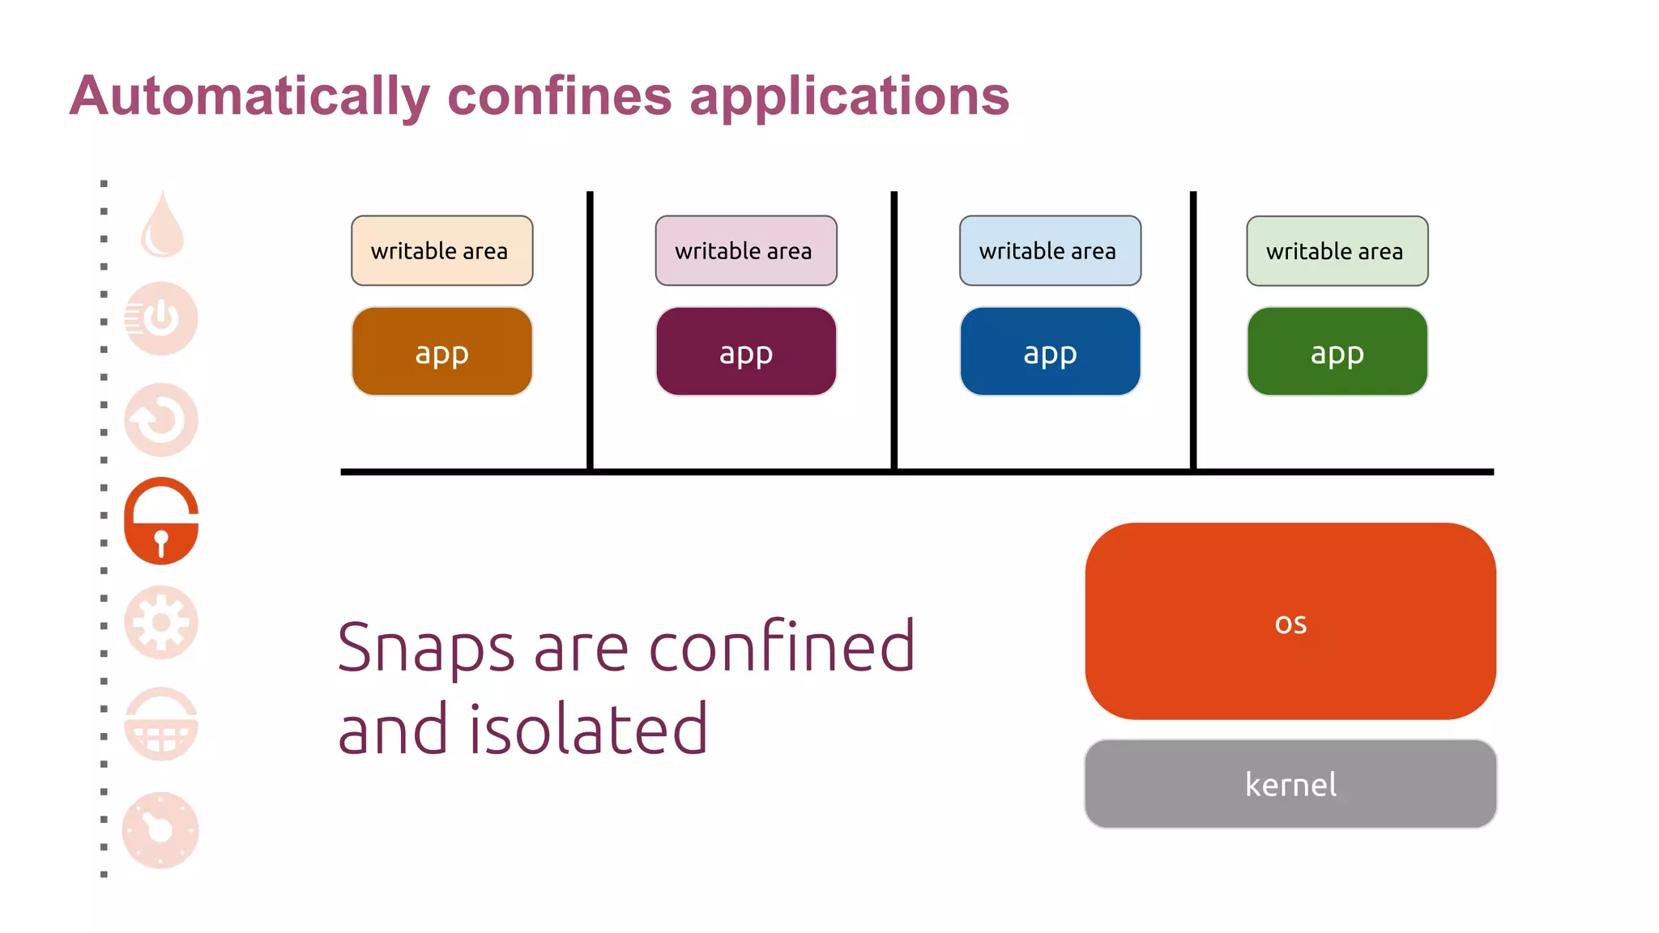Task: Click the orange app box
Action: tap(441, 351)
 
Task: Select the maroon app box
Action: tap(745, 351)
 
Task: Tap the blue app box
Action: tap(1050, 351)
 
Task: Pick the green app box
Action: tap(1337, 351)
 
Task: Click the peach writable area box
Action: tap(441, 250)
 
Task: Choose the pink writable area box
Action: tap(745, 250)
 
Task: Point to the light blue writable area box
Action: tap(1050, 250)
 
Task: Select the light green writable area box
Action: tap(1337, 250)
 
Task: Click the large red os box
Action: tap(1290, 621)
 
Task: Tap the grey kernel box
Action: tap(1290, 783)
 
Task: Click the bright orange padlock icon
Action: tap(161, 521)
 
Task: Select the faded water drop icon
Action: tap(163, 226)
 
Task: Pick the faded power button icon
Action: tap(161, 318)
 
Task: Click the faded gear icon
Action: tap(161, 622)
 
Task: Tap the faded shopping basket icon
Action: tap(161, 724)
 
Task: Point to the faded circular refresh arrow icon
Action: tap(161, 420)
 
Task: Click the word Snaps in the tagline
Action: tap(426, 648)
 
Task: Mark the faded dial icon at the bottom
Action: tap(160, 830)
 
